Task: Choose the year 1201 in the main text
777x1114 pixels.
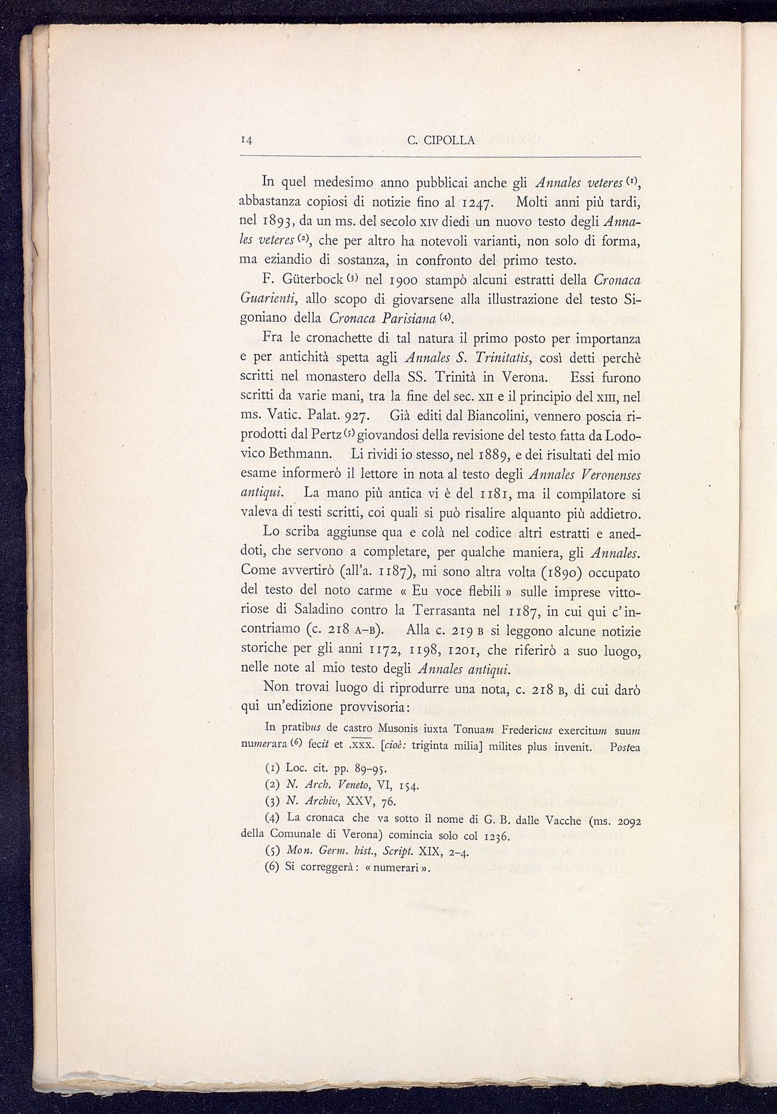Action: pos(460,650)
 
